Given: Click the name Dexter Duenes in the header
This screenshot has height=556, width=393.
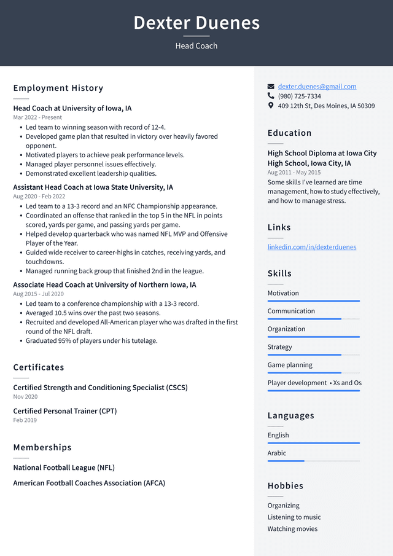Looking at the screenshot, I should click(x=196, y=23).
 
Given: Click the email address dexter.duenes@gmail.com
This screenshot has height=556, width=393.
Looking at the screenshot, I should click(x=317, y=87).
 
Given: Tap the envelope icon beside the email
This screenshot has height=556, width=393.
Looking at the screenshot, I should click(x=271, y=87).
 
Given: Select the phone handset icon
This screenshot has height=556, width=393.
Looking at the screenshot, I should click(x=271, y=96).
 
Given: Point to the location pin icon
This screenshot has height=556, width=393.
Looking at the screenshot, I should click(x=271, y=106).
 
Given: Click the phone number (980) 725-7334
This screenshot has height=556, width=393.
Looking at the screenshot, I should click(x=299, y=96).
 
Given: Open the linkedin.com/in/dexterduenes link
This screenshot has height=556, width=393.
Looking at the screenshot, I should click(x=311, y=247).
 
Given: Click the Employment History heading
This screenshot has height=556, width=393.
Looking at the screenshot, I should click(x=58, y=88).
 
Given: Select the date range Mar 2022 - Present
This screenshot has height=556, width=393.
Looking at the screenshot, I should click(x=37, y=117).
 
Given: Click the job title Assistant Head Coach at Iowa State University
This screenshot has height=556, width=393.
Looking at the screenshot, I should click(x=93, y=187).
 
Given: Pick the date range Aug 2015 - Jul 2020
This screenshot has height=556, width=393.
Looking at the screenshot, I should click(x=38, y=294).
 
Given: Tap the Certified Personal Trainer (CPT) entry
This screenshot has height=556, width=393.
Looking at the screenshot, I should click(x=65, y=411).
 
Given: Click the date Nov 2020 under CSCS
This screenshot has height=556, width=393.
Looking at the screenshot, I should click(x=26, y=397).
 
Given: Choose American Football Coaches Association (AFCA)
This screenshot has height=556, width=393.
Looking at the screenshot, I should click(x=89, y=483).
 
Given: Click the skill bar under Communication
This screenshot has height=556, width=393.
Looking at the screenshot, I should click(x=314, y=319).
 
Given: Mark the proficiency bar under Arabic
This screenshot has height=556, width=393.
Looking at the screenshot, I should click(x=314, y=461).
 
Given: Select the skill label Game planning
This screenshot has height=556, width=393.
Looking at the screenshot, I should click(x=290, y=365).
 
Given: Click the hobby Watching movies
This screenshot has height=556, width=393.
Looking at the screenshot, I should click(x=292, y=529).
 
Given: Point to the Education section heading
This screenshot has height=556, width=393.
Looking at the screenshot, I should click(x=289, y=133).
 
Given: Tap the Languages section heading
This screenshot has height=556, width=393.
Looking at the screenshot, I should click(x=290, y=415).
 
